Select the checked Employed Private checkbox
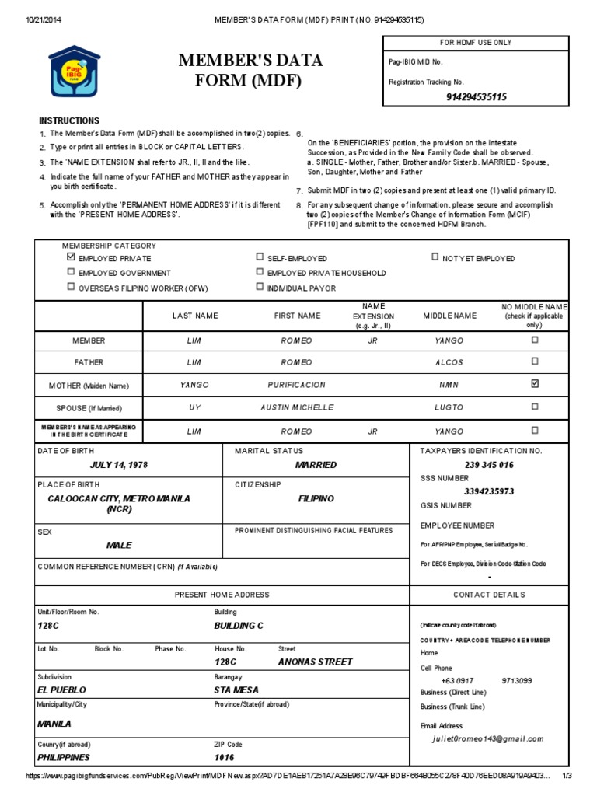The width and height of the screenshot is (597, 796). point(71,257)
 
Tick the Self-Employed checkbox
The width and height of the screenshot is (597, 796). point(260,257)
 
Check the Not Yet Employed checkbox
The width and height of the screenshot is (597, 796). point(435,257)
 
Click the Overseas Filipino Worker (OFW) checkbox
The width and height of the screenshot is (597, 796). point(71,287)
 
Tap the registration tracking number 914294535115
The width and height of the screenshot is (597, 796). point(476,97)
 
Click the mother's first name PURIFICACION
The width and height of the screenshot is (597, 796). point(296,385)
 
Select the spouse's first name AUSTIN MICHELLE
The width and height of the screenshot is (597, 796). point(296,407)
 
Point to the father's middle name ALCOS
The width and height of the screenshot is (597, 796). point(449,362)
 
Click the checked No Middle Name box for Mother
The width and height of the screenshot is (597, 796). point(534,384)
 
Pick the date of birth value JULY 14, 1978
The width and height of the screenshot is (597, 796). point(119,465)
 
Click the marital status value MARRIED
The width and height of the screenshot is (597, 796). point(316,465)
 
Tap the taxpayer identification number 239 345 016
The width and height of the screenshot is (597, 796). point(489,465)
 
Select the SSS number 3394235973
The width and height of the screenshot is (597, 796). point(489,491)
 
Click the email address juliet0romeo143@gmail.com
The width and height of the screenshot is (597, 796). point(488,739)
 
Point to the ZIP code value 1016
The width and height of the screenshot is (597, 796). point(224,757)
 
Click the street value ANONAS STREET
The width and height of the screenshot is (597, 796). point(315,662)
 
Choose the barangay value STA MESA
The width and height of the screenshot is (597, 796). point(236,690)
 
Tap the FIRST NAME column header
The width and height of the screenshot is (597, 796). point(296,316)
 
